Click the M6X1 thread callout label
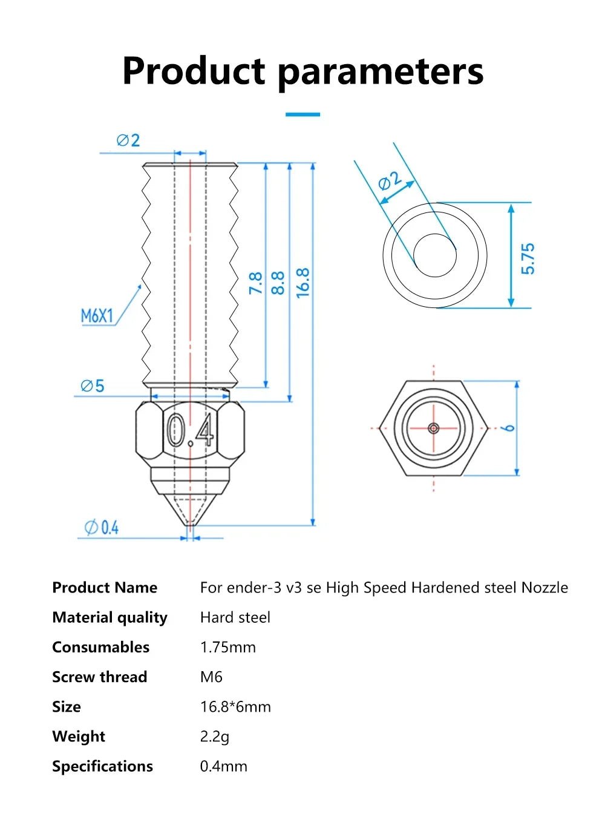click(97, 315)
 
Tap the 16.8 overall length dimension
click(302, 282)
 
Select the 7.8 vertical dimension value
click(255, 283)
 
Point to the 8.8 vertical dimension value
click(278, 283)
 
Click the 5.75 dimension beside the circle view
click(528, 258)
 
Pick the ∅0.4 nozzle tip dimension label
click(102, 528)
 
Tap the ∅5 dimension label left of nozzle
click(93, 386)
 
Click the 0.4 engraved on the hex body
click(189, 430)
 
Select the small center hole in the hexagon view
click(434, 428)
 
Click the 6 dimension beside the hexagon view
click(509, 428)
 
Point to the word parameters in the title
click(381, 71)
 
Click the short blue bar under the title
click(302, 114)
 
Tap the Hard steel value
click(235, 617)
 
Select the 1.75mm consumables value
click(227, 647)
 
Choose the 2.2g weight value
click(214, 737)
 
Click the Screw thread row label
click(99, 677)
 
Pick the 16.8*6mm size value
click(235, 706)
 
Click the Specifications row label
click(102, 766)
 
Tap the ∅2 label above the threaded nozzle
click(128, 140)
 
